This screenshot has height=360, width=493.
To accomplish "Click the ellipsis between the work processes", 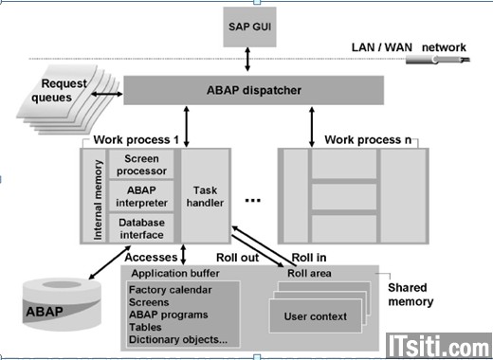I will click(x=253, y=201).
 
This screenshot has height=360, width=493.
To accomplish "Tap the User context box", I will click(x=316, y=315).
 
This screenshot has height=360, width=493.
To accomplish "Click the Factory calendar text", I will click(x=172, y=289).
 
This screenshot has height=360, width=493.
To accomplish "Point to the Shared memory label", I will click(x=411, y=296).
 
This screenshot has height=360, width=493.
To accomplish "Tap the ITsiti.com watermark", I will click(x=437, y=342).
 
